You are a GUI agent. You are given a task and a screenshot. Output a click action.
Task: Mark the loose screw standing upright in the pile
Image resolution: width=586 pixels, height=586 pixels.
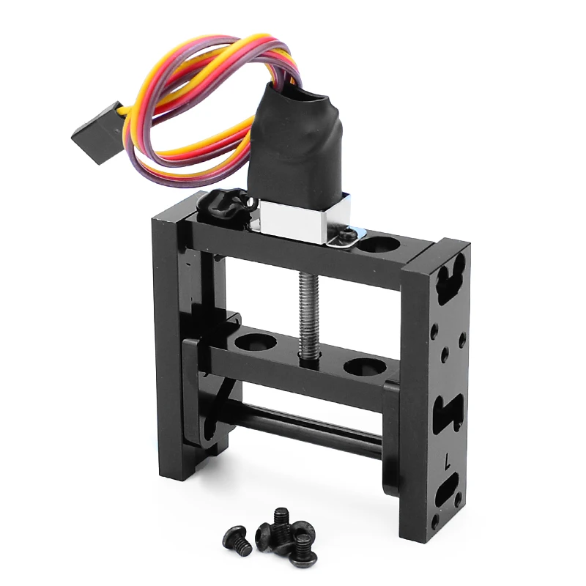click(x=280, y=522)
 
